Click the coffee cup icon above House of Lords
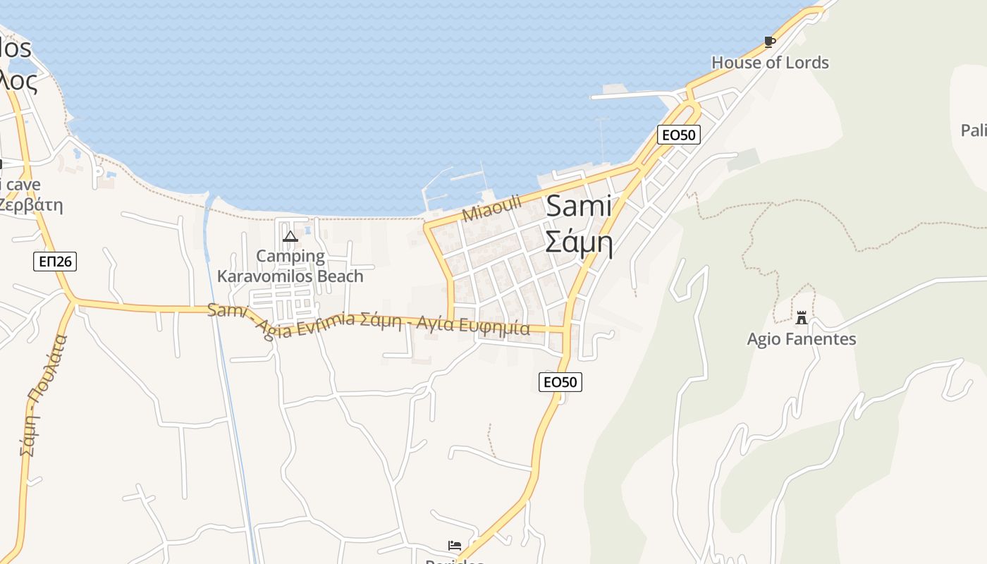tap(770, 42)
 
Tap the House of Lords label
tap(770, 63)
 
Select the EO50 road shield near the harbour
tap(678, 135)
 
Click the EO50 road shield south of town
tap(560, 382)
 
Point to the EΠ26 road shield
tap(55, 262)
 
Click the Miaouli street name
tap(492, 208)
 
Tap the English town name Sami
tap(579, 207)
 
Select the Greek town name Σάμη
tap(578, 243)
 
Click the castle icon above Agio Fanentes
tap(801, 317)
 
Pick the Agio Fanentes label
tap(802, 339)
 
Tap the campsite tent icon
tap(290, 236)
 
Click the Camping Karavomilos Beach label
tap(290, 266)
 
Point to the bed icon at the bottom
tap(455, 546)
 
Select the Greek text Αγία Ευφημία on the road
tap(473, 325)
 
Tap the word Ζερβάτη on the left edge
tap(31, 206)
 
